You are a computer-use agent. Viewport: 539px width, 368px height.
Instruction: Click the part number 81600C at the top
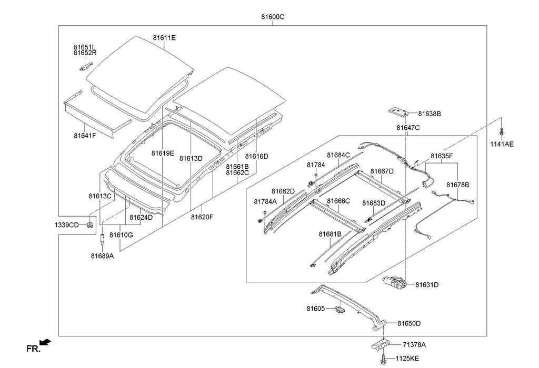pyautogui.click(x=273, y=17)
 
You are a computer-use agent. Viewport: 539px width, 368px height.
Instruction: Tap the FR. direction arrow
pyautogui.click(x=45, y=342)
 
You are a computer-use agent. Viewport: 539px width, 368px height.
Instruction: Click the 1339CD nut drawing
pyautogui.click(x=89, y=225)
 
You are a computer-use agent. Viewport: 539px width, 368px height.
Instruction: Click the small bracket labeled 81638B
pyautogui.click(x=399, y=111)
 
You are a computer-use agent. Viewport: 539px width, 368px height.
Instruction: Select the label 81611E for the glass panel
pyautogui.click(x=164, y=38)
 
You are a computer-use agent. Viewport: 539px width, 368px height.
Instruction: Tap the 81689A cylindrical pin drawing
pyautogui.click(x=102, y=239)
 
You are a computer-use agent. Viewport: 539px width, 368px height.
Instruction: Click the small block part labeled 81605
pyautogui.click(x=340, y=310)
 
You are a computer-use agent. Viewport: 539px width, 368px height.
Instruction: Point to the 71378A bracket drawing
pyautogui.click(x=381, y=344)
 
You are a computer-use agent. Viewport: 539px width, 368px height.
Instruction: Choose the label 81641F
pyautogui.click(x=85, y=136)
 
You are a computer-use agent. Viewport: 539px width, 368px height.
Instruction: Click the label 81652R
pyautogui.click(x=85, y=53)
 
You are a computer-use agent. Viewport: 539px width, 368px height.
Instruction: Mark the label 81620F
pyautogui.click(x=202, y=217)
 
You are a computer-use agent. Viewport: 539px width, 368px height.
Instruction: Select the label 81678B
pyautogui.click(x=458, y=185)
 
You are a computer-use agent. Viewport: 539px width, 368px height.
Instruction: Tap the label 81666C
pyautogui.click(x=338, y=201)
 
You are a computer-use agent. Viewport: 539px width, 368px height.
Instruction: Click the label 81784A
pyautogui.click(x=265, y=201)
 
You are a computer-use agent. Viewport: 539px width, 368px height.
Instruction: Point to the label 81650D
pyautogui.click(x=409, y=323)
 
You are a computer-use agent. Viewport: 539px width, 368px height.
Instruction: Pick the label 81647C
pyautogui.click(x=408, y=128)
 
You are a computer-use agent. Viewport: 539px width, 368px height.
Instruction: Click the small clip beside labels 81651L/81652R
pyautogui.click(x=86, y=66)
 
